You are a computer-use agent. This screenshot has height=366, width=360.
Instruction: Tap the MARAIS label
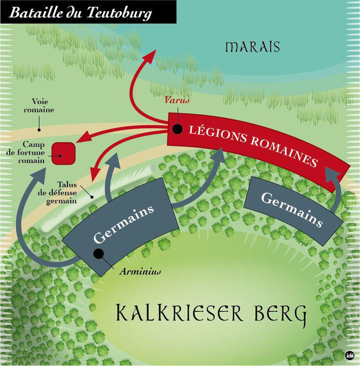click(x=252, y=47)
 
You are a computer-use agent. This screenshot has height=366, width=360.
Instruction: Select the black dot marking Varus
click(x=178, y=129)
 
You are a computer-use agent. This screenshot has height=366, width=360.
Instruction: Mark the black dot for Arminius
click(x=99, y=253)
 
